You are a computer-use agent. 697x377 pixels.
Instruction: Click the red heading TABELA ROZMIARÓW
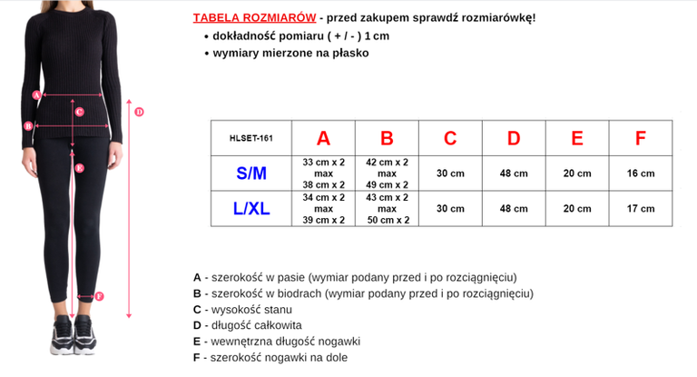point(254,17)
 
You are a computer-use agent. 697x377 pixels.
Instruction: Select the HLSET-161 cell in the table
point(251,138)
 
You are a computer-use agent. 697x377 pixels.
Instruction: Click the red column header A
point(323,138)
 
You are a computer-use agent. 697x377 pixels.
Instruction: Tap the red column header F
point(641,138)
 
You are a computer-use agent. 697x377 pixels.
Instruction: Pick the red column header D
point(514,138)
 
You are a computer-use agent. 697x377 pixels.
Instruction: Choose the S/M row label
point(251,173)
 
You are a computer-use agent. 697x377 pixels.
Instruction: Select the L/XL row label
point(251,208)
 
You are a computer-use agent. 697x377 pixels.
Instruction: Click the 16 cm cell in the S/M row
point(641,173)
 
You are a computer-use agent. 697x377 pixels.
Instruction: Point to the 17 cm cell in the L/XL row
point(641,208)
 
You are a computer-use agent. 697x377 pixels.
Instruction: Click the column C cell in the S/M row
point(450,173)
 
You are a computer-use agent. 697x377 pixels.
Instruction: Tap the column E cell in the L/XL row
point(577,208)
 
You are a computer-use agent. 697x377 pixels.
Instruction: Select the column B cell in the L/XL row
point(387,208)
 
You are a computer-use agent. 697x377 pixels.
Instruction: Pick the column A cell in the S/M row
point(323,173)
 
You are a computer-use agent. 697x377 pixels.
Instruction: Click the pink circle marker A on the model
point(36,94)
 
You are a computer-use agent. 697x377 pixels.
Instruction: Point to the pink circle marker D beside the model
point(139,112)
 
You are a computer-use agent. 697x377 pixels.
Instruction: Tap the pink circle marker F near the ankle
point(99,295)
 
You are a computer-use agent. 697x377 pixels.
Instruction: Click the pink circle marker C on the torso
point(80,112)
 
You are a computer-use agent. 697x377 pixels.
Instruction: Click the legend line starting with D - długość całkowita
point(248,325)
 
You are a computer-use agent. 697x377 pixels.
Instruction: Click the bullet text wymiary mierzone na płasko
point(291,53)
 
